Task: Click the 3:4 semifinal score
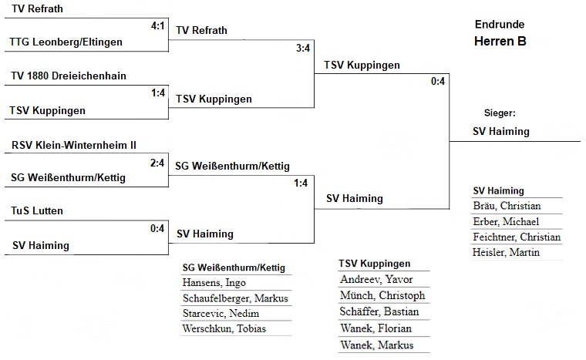tap(303, 48)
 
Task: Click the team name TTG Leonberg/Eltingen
tap(66, 42)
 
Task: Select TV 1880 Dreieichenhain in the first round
tap(69, 76)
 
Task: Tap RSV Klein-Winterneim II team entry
tap(75, 144)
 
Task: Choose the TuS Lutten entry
tap(37, 210)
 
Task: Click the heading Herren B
tap(500, 42)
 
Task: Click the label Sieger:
tap(500, 113)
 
